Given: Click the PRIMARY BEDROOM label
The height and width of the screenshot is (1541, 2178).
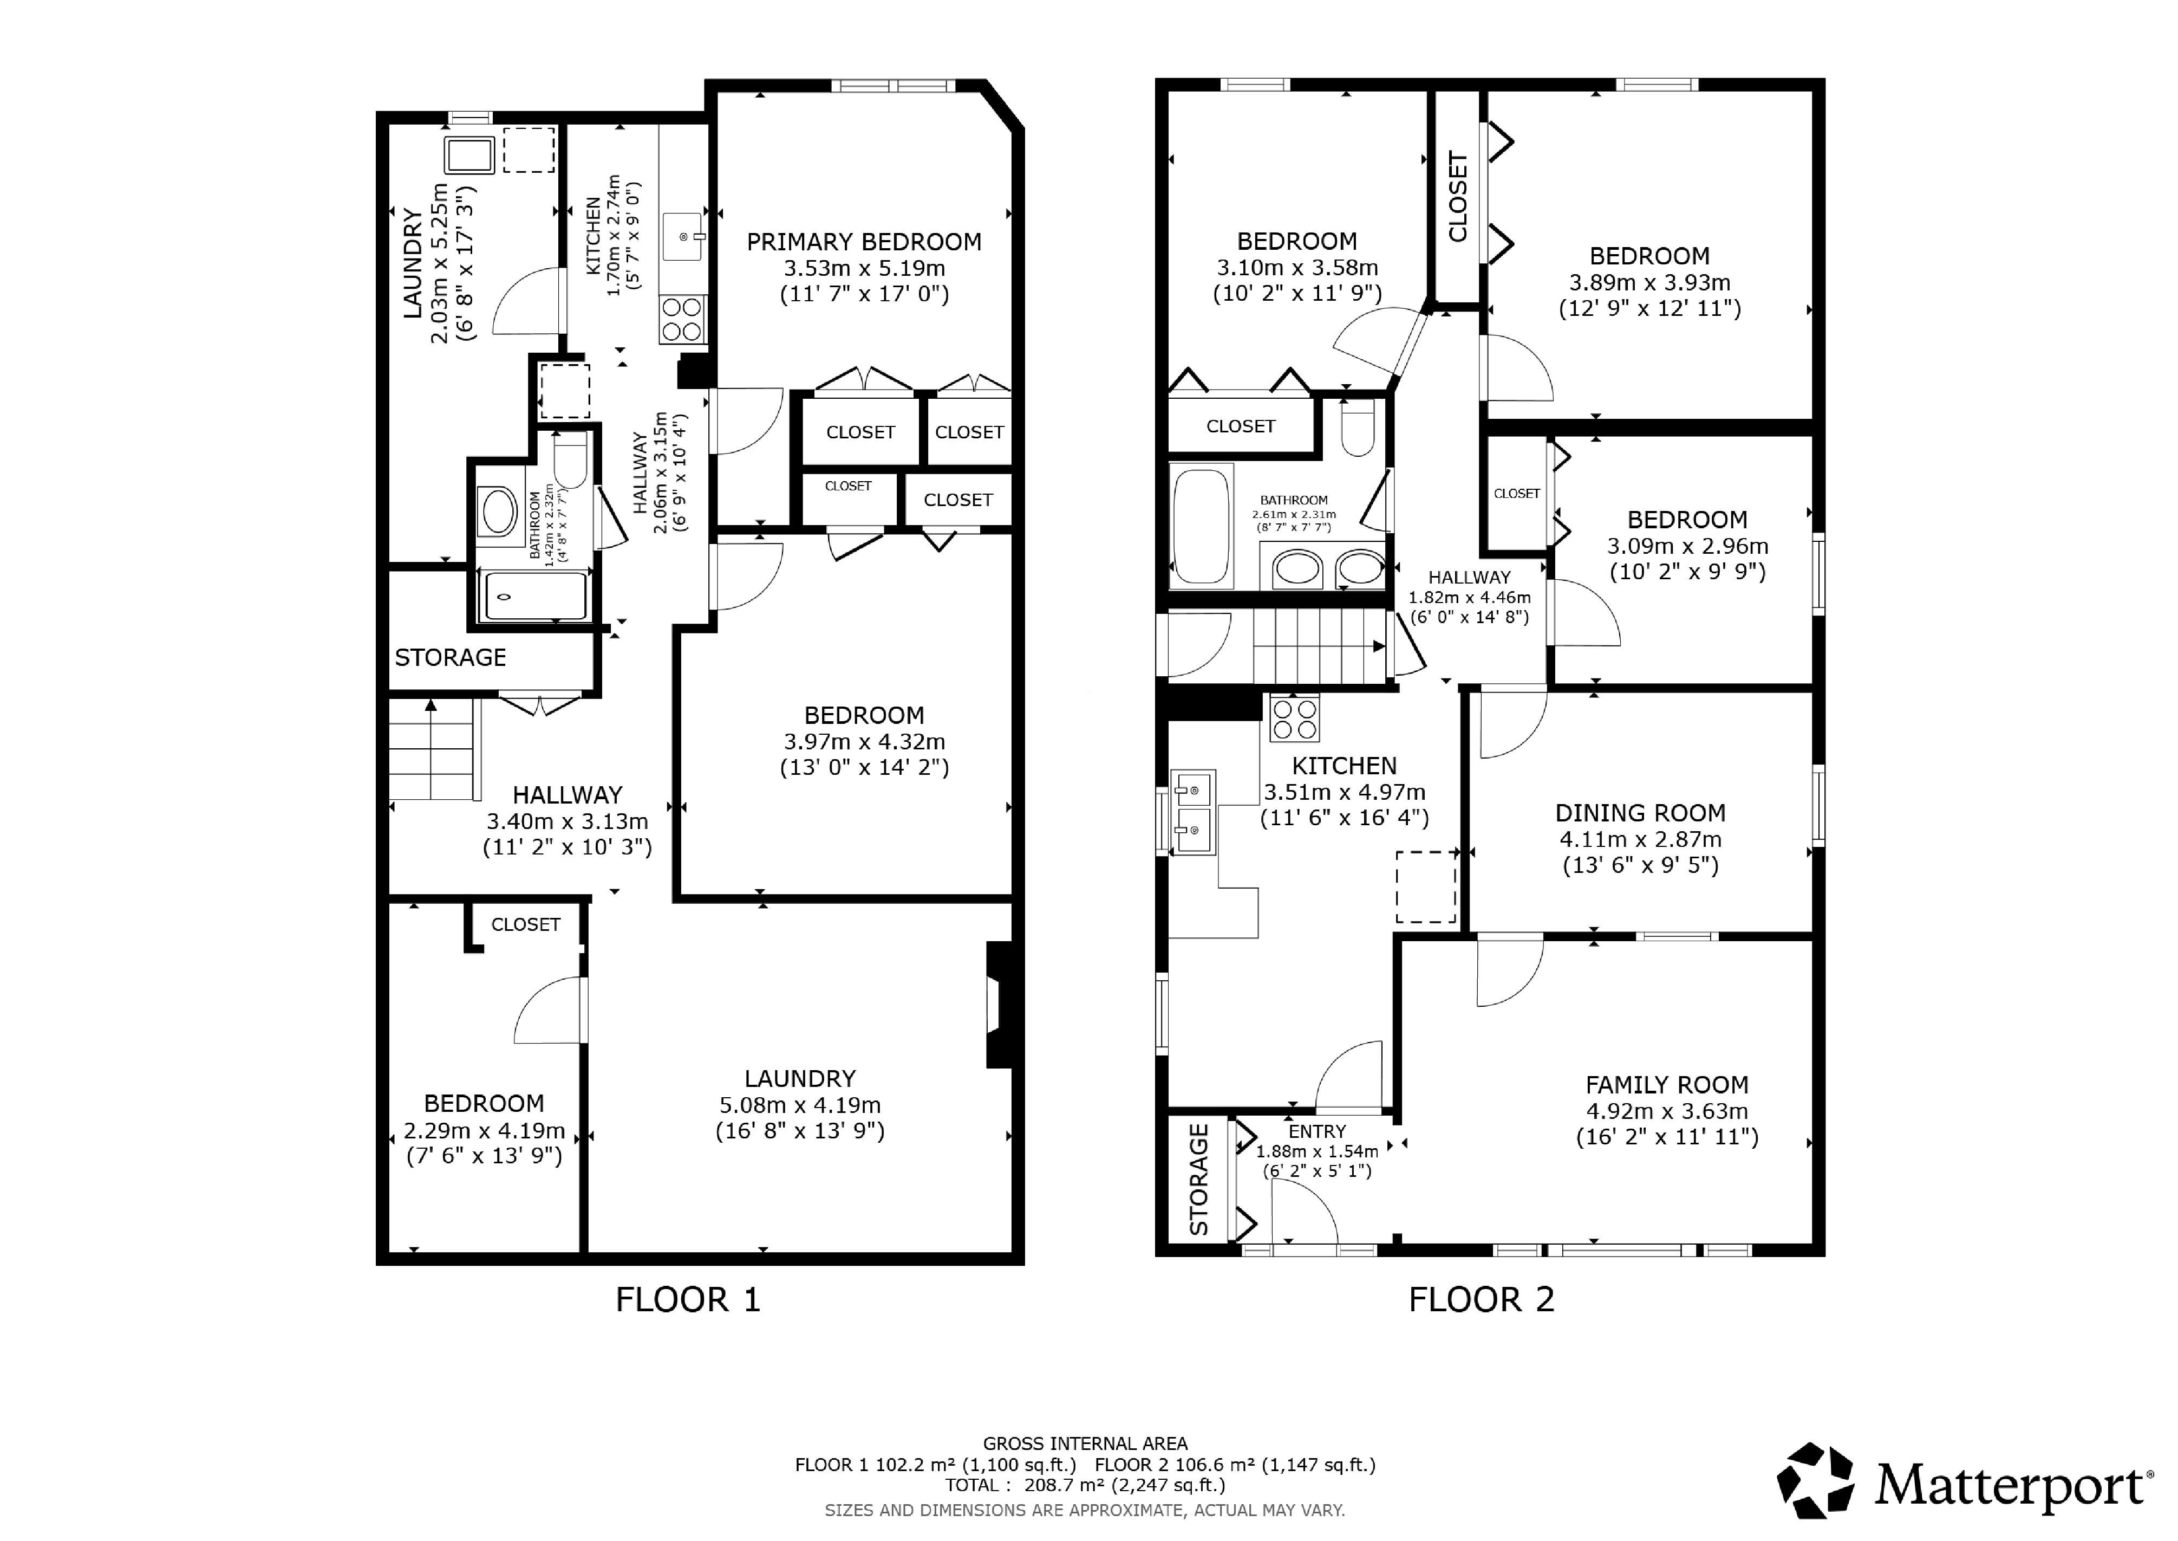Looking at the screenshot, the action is pyautogui.click(x=863, y=242).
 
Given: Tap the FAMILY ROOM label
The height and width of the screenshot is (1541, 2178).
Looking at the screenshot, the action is pyautogui.click(x=1667, y=1085).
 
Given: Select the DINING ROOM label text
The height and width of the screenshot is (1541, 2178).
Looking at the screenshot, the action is pyautogui.click(x=1640, y=813).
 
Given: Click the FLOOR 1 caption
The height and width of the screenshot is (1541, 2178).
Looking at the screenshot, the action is pyautogui.click(x=688, y=1299).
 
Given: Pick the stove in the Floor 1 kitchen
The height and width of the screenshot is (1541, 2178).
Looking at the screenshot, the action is pyautogui.click(x=683, y=319).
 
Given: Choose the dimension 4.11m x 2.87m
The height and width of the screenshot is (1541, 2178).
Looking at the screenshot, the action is pyautogui.click(x=1640, y=839).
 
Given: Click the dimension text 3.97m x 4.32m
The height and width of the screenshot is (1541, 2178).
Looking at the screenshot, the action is pyautogui.click(x=863, y=741).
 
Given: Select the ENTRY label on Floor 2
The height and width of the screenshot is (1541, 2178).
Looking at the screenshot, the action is pyautogui.click(x=1316, y=1131).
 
